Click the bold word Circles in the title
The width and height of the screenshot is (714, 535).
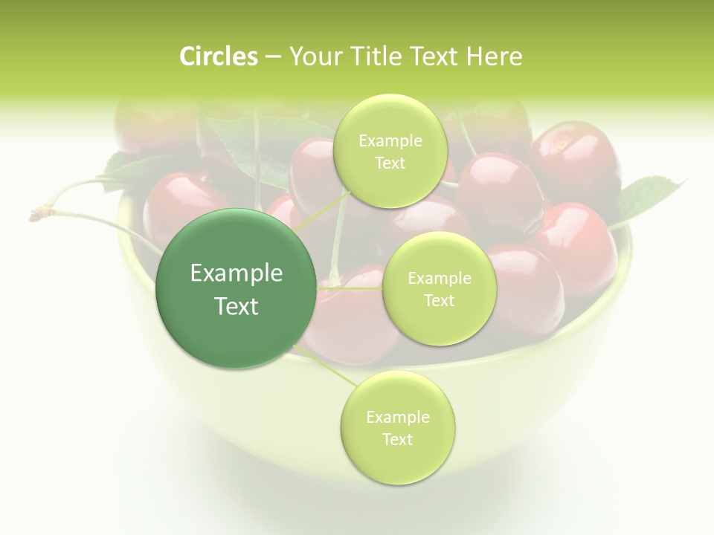coord(219,56)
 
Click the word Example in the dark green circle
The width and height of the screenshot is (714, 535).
coord(237,273)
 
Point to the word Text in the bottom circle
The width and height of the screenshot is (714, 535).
coord(398,439)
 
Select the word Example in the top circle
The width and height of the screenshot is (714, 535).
coord(390,140)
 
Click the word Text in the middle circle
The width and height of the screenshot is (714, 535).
coord(439,300)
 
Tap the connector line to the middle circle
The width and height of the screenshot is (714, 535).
coord(350,288)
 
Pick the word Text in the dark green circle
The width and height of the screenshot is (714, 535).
coord(237,306)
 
